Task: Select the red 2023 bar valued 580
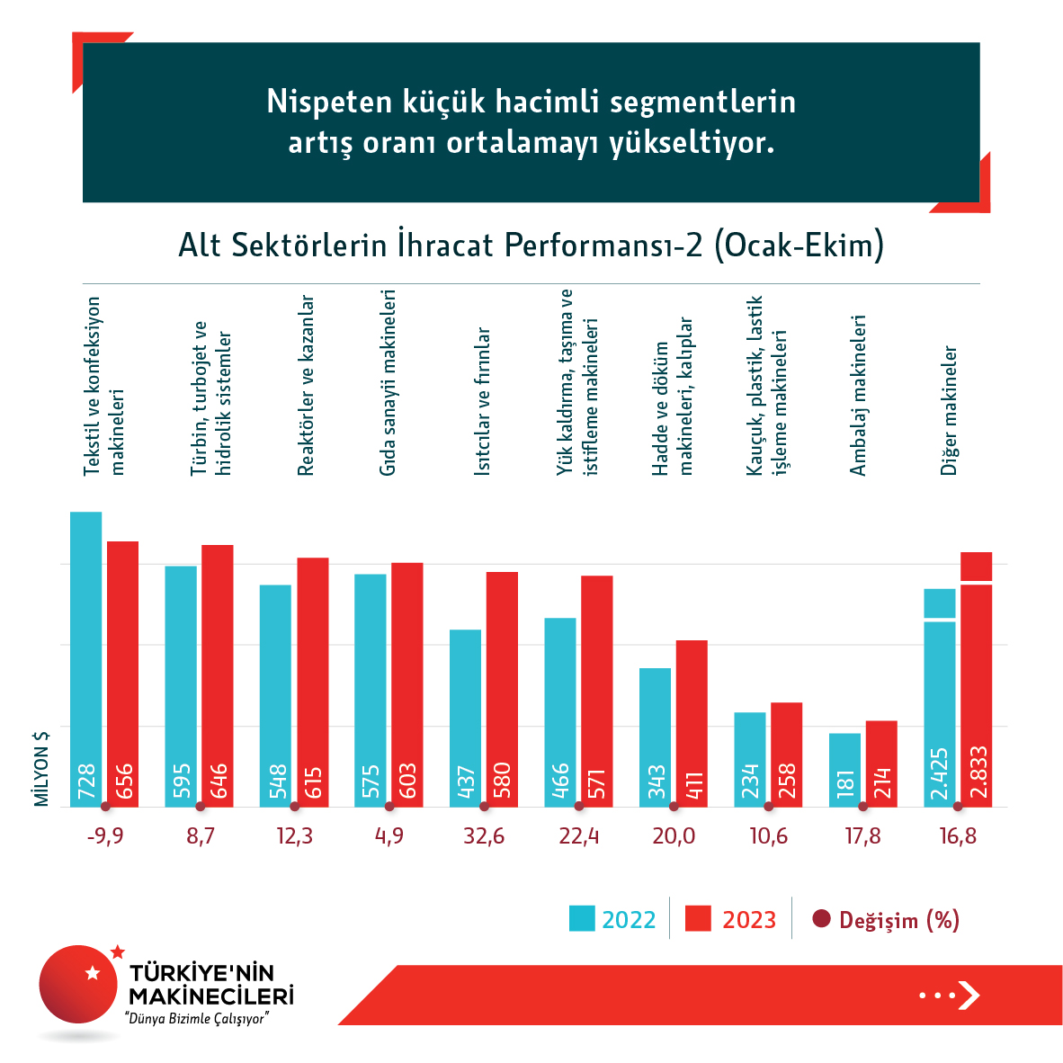(502, 689)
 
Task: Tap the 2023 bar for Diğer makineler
(976, 679)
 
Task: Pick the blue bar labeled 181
(844, 770)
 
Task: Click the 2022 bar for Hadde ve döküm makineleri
(655, 737)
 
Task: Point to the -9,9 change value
(105, 836)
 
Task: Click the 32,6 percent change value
(484, 836)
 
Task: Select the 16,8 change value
(958, 836)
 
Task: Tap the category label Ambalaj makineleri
(858, 395)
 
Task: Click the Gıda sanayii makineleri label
(388, 382)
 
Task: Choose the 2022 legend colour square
(582, 919)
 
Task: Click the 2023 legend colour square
(698, 919)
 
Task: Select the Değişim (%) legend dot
(821, 919)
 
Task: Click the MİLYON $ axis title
(41, 768)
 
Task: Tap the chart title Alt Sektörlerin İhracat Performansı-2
(531, 246)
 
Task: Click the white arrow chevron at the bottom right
(969, 995)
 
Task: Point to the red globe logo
(79, 984)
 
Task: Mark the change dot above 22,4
(579, 807)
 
